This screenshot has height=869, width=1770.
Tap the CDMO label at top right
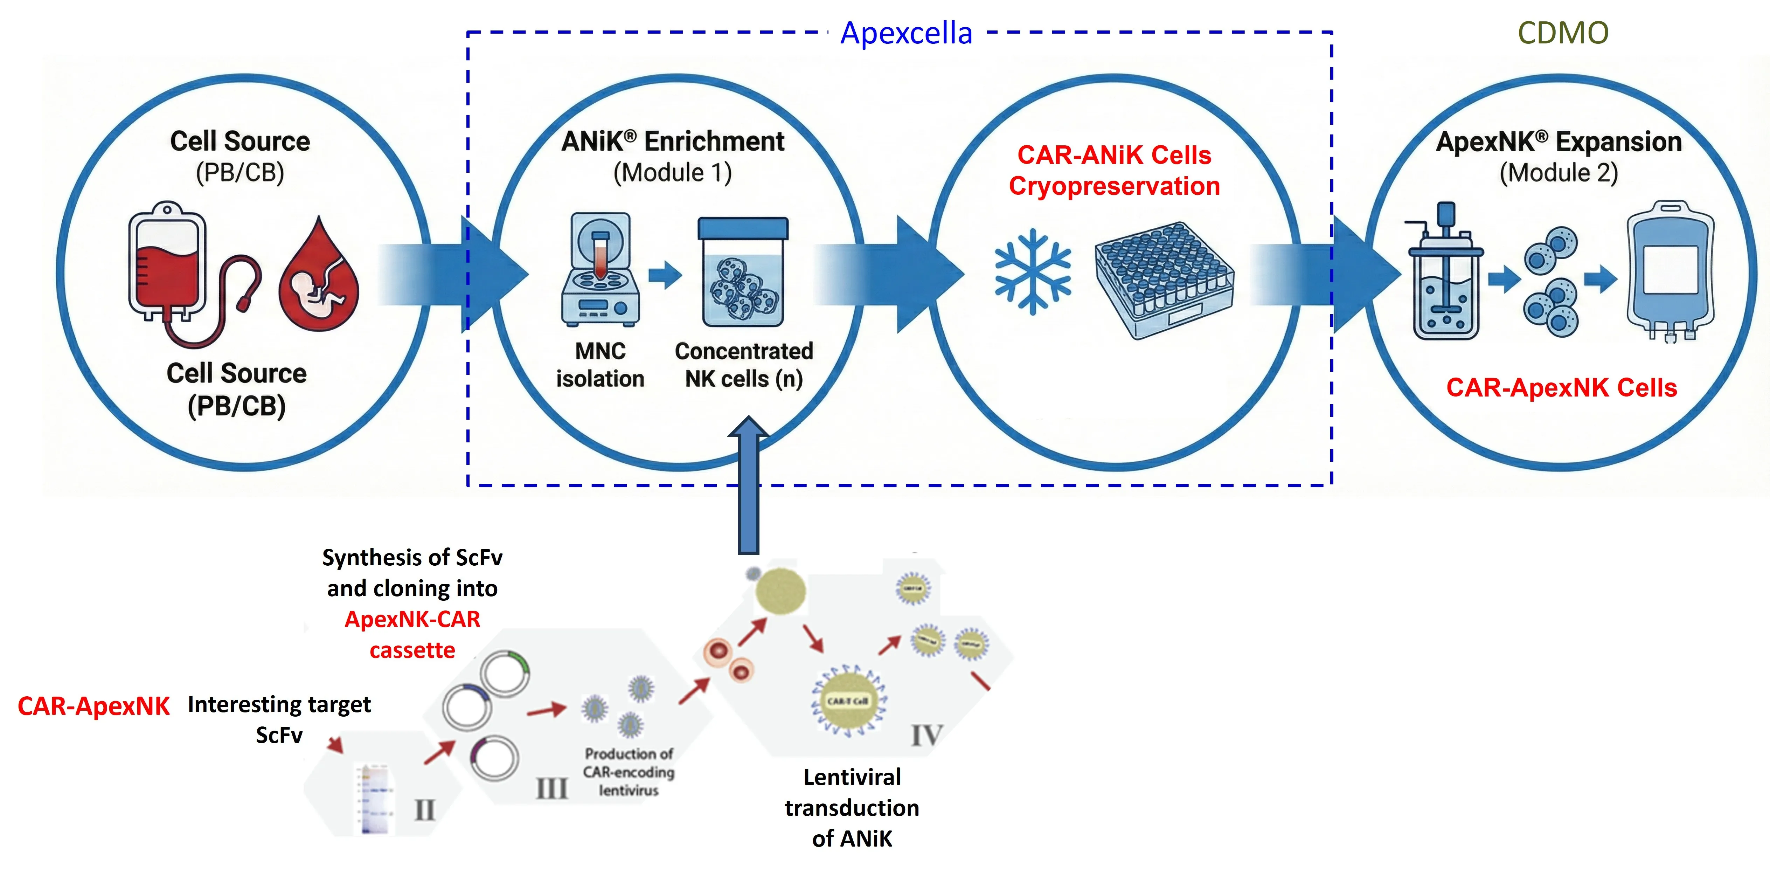pyautogui.click(x=1562, y=33)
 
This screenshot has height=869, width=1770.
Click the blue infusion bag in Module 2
pyautogui.click(x=1670, y=271)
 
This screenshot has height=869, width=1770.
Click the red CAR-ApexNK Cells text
pyautogui.click(x=1561, y=388)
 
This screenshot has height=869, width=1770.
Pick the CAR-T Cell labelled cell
pyautogui.click(x=848, y=701)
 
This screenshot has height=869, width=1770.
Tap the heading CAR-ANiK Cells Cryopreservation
pyautogui.click(x=1114, y=171)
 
